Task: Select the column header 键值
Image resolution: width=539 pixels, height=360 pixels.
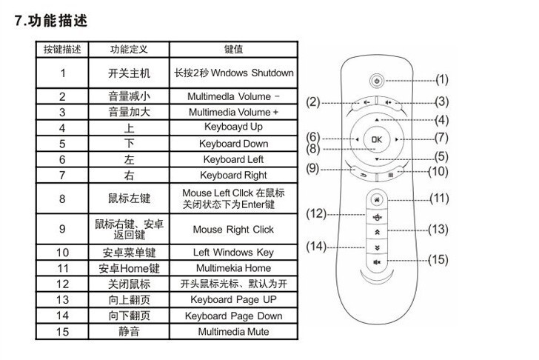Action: [x=233, y=50]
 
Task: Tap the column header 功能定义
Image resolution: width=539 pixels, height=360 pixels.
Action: [x=129, y=50]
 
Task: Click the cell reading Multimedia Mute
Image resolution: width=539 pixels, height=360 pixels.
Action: [x=233, y=332]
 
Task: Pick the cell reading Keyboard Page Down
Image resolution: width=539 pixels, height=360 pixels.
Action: [x=233, y=316]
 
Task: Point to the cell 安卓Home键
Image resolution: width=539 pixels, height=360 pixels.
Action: [x=129, y=268]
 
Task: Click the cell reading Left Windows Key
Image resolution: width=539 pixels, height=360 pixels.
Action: [x=233, y=253]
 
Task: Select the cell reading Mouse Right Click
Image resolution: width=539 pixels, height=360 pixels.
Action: [x=233, y=230]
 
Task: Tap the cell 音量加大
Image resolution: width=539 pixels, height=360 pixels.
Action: [x=129, y=112]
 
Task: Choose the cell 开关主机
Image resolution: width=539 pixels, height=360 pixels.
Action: [x=129, y=73]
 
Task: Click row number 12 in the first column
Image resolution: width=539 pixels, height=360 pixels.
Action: [x=63, y=284]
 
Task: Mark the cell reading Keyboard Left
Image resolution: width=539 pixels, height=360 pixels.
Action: [x=233, y=159]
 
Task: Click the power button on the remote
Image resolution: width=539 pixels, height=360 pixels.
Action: [x=377, y=79]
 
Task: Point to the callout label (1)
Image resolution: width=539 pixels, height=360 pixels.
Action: [x=442, y=79]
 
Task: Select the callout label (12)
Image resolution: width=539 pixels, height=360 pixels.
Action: [x=316, y=214]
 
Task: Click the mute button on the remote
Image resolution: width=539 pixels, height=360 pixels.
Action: [x=378, y=261]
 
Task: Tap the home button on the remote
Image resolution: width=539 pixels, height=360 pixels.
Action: [x=378, y=199]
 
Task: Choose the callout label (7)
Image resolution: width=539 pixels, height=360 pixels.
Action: [x=442, y=137]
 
